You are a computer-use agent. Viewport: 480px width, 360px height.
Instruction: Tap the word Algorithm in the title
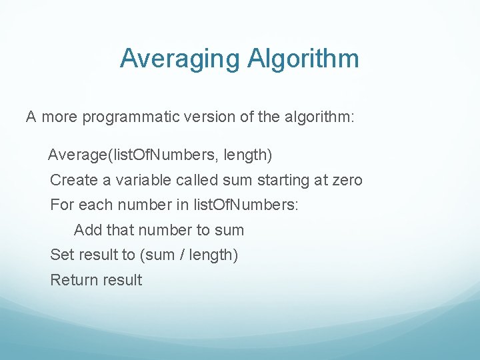click(303, 59)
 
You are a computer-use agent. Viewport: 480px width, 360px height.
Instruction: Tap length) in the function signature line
click(248, 155)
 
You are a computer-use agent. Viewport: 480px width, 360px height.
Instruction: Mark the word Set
click(62, 255)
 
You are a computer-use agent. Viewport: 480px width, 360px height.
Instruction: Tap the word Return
click(74, 280)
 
